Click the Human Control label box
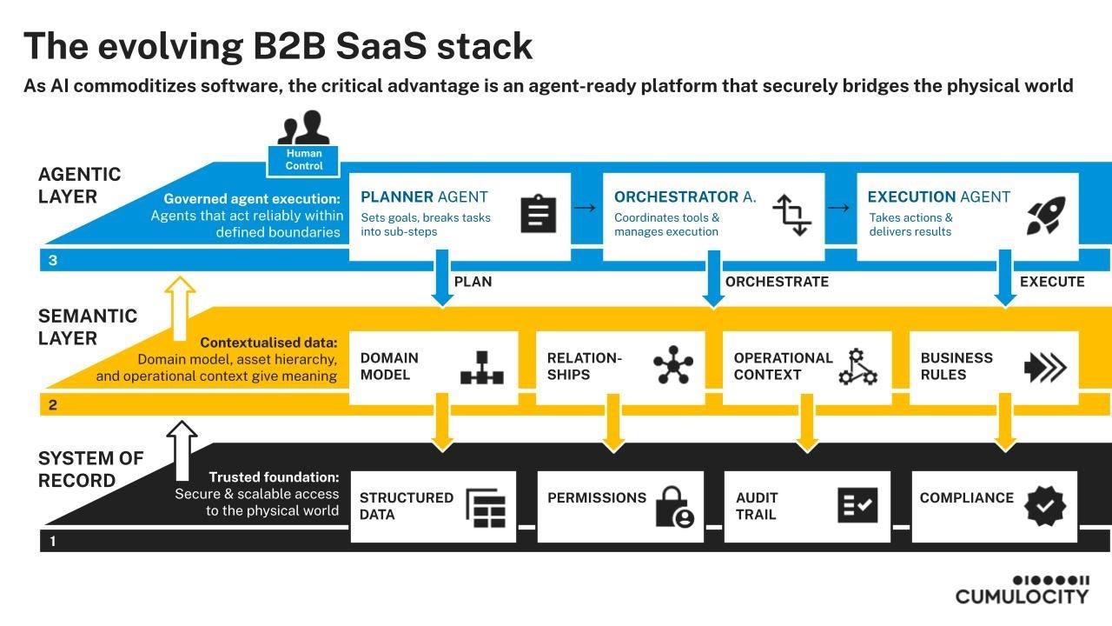tap(303, 161)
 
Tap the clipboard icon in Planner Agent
tap(538, 214)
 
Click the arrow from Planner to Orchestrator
tap(585, 207)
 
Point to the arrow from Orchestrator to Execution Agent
tap(839, 207)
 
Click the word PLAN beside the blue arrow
tap(473, 282)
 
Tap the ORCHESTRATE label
tap(777, 282)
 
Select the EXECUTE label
tap(1052, 282)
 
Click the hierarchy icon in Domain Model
tap(481, 368)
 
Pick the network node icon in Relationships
tap(673, 365)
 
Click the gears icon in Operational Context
tap(857, 367)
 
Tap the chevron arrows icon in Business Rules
tap(1045, 368)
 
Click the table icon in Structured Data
tap(486, 509)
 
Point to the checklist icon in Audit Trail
tap(857, 505)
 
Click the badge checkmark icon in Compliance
tap(1045, 506)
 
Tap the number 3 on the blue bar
tap(53, 260)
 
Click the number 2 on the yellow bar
tap(53, 405)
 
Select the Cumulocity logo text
tap(1023, 596)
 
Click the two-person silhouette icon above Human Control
tap(303, 128)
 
